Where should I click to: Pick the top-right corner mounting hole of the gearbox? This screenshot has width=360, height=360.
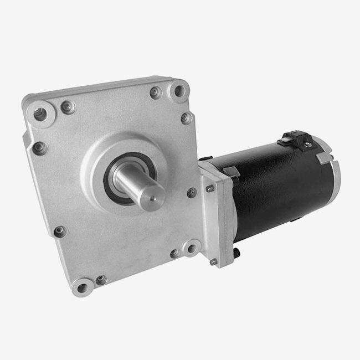tap(179, 90)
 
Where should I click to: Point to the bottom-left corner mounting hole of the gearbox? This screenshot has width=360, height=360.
tap(82, 287)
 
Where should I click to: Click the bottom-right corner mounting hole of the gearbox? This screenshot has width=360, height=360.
tap(191, 248)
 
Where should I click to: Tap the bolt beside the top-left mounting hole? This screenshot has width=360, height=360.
tap(68, 107)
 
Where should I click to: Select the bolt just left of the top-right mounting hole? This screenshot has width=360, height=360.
tap(156, 92)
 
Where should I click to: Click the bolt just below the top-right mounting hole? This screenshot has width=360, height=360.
tap(186, 118)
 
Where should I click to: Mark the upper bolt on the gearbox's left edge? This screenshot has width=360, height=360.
tap(39, 148)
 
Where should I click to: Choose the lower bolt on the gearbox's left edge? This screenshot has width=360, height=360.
tap(59, 232)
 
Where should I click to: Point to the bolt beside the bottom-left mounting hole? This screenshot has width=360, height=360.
tap(101, 280)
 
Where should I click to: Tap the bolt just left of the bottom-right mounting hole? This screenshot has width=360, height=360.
tap(175, 253)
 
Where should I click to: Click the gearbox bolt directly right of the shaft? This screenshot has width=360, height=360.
tap(191, 193)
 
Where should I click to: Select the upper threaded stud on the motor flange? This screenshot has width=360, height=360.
tap(210, 188)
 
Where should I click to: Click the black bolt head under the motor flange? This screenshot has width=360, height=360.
tap(236, 253)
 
